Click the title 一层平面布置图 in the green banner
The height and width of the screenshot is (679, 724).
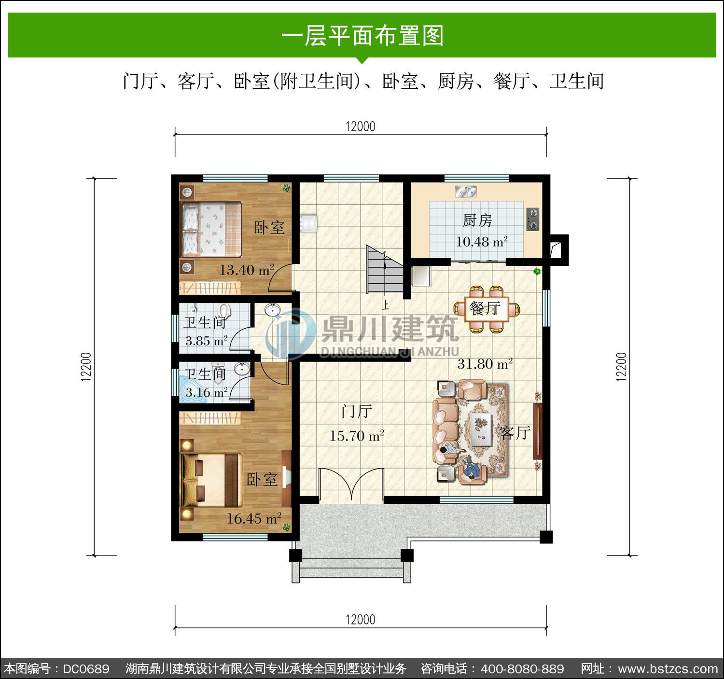click(362, 36)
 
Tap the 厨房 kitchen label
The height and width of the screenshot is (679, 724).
click(477, 221)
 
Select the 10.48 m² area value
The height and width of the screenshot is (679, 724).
click(482, 241)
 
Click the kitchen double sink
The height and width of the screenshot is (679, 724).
click(466, 192)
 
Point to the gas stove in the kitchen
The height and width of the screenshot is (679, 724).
click(532, 219)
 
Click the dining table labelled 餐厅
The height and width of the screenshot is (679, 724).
click(487, 309)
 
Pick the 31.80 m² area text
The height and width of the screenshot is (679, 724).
click(485, 363)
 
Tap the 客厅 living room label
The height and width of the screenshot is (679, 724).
click(515, 433)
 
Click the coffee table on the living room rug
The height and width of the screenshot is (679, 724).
click(481, 429)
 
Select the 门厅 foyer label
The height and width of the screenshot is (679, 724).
click(357, 411)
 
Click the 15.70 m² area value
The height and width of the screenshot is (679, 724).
click(357, 435)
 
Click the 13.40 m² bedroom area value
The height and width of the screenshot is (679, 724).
click(247, 270)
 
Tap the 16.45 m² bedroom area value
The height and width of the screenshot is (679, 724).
click(254, 518)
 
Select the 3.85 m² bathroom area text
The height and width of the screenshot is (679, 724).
click(206, 341)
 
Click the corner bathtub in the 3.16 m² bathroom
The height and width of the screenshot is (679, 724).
click(191, 389)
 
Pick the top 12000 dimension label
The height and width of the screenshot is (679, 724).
click(361, 126)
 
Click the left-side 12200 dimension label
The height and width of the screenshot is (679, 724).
click(86, 367)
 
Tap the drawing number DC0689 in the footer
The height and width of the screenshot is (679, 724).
click(86, 668)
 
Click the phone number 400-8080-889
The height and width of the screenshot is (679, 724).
click(522, 668)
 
